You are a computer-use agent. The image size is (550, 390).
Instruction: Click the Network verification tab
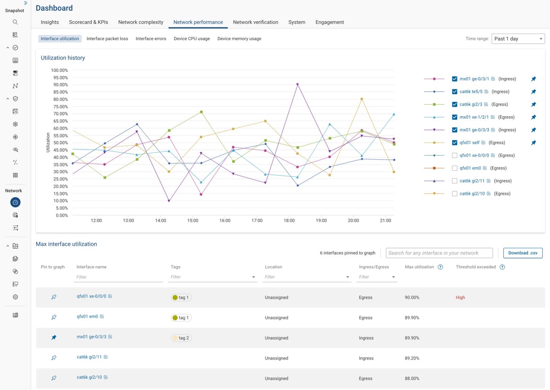pyautogui.click(x=255, y=22)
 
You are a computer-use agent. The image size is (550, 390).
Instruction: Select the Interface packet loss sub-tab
pyautogui.click(x=107, y=39)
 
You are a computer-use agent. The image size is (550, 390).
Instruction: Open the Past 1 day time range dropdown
pyautogui.click(x=518, y=39)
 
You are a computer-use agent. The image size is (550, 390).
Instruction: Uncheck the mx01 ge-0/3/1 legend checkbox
pyautogui.click(x=454, y=79)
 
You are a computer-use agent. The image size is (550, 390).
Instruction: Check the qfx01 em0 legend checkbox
pyautogui.click(x=454, y=168)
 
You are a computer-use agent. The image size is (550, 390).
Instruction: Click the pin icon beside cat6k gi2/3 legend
pyautogui.click(x=533, y=104)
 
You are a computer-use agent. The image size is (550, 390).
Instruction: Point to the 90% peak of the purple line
pyautogui.click(x=298, y=84)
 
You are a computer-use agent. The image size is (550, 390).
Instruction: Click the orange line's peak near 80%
pyautogui.click(x=362, y=99)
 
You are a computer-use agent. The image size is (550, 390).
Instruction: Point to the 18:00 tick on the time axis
pyautogui.click(x=289, y=221)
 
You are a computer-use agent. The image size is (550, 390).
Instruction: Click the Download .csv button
pyautogui.click(x=523, y=253)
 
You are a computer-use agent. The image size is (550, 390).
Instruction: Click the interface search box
pyautogui.click(x=439, y=253)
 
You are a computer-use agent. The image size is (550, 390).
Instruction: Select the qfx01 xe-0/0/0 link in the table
pyautogui.click(x=91, y=296)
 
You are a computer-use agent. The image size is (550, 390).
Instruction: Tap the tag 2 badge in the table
pyautogui.click(x=181, y=338)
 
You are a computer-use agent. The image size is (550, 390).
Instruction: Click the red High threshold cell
pyautogui.click(x=460, y=298)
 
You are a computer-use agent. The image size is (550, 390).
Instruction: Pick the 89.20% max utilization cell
pyautogui.click(x=412, y=358)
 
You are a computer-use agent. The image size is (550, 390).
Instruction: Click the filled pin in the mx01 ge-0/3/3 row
pyautogui.click(x=54, y=337)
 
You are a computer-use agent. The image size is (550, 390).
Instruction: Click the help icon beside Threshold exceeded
pyautogui.click(x=502, y=267)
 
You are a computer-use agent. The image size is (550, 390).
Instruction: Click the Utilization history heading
pyautogui.click(x=63, y=58)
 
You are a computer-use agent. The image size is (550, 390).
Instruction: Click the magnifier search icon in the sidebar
pyautogui.click(x=15, y=22)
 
